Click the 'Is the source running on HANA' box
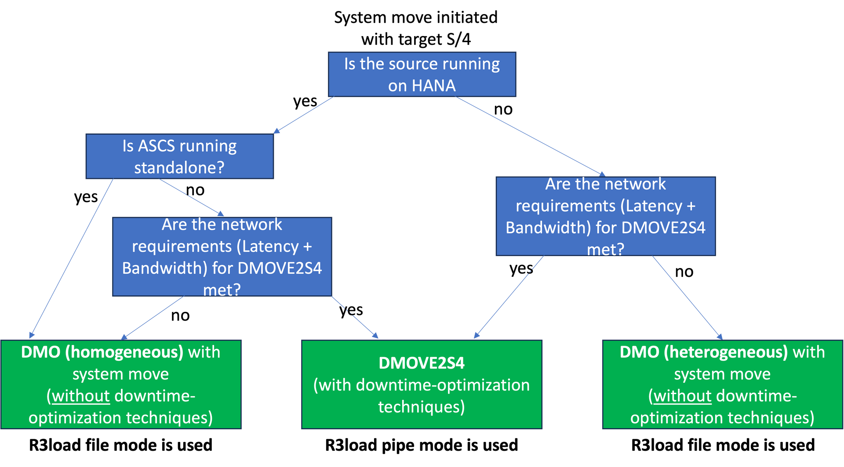(x=422, y=74)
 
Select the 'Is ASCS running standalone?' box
(x=179, y=156)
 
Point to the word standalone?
(x=179, y=167)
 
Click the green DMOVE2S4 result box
(x=422, y=384)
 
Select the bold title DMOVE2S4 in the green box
(x=422, y=363)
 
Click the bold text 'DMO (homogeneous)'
(x=102, y=352)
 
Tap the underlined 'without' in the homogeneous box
(x=80, y=396)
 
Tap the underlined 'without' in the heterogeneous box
(x=682, y=396)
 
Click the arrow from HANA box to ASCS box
(x=303, y=115)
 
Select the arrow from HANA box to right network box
(x=530, y=136)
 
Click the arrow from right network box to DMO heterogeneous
(x=687, y=297)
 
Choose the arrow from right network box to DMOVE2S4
(x=509, y=297)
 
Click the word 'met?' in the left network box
(x=222, y=290)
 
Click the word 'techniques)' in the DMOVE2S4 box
(x=421, y=407)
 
